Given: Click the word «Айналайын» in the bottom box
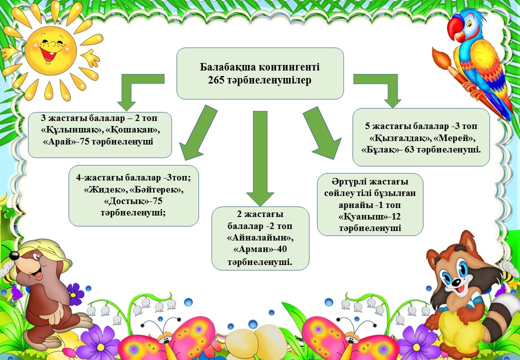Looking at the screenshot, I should pyautogui.click(x=260, y=237).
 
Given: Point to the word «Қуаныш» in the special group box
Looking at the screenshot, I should pyautogui.click(x=361, y=217).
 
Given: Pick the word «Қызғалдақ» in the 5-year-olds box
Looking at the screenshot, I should pyautogui.click(x=394, y=137).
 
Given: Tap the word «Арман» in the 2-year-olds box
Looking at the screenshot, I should pyautogui.click(x=252, y=249).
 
